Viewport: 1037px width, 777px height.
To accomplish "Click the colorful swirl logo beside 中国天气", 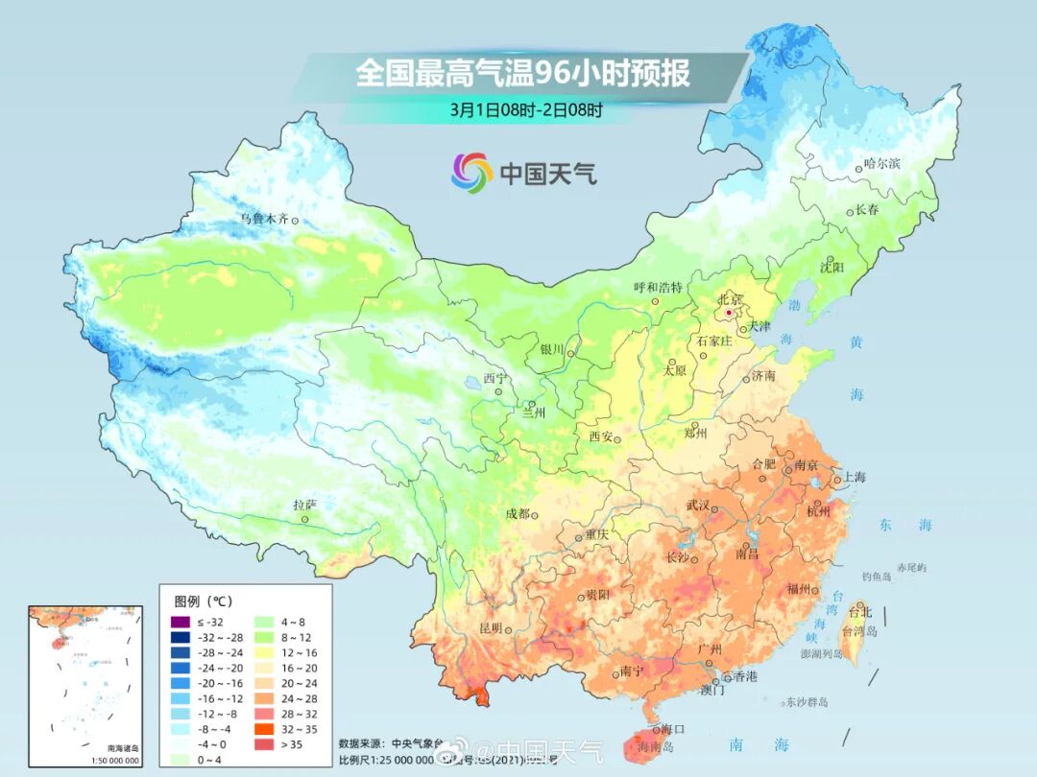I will click(x=472, y=172).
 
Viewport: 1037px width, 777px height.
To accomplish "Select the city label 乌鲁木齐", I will click(x=263, y=219).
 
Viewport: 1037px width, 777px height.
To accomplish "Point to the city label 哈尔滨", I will click(x=881, y=164).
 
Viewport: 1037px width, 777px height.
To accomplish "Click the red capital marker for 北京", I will click(x=729, y=313).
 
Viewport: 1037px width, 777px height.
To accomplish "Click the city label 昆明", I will click(x=490, y=628).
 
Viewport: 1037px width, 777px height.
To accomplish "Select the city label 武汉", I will click(x=697, y=505).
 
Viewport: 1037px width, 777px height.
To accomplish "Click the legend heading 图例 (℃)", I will click(x=203, y=601).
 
